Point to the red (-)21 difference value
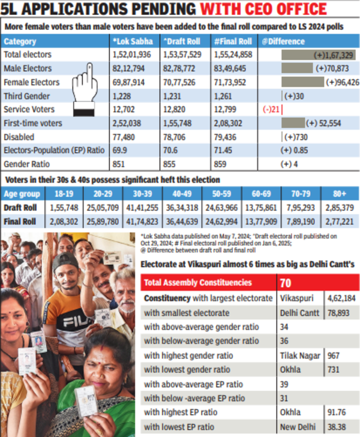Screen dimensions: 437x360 pos(270,110)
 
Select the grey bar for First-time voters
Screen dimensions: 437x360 pos(293,123)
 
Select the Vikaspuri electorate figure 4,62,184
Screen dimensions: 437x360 pos(341,298)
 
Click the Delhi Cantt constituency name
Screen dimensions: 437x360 pos(300,312)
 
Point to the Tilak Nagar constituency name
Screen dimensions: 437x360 pos(301,355)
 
